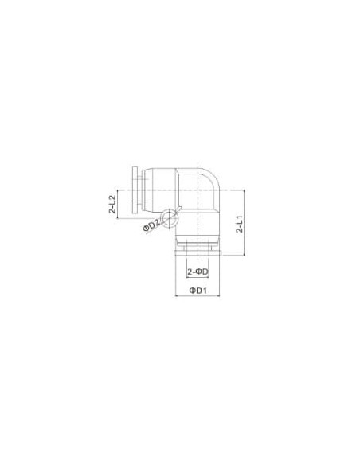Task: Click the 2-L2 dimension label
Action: [x=112, y=204]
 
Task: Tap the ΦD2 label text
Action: [x=151, y=225]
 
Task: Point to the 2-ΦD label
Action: [x=198, y=272]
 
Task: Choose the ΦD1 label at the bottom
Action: [x=198, y=291]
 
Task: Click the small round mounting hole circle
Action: [x=170, y=218]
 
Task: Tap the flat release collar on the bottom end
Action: [x=198, y=253]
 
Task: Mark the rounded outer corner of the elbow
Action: [x=215, y=174]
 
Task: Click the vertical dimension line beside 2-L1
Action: [x=244, y=223]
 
